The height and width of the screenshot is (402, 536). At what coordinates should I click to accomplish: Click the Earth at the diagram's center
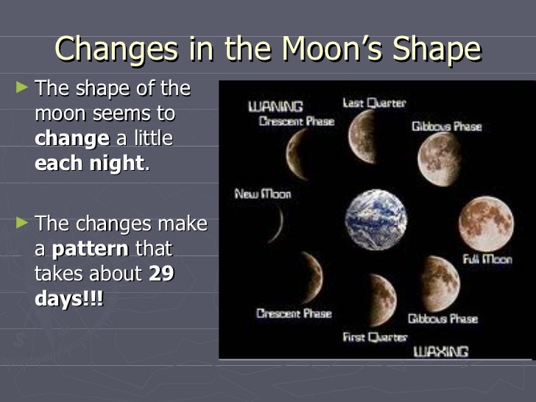376,220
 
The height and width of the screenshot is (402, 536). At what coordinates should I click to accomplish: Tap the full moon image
486,224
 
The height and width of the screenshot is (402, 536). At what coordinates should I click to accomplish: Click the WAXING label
441,351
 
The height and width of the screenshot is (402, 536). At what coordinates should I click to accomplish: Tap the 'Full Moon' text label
487,259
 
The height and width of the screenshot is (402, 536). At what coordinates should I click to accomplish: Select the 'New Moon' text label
262,194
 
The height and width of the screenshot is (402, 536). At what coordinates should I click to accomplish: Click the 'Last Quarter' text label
374,103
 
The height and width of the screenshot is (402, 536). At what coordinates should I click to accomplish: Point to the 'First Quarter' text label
375,337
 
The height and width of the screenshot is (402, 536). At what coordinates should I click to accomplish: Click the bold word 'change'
71,139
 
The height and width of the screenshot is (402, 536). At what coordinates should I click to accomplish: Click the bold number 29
161,274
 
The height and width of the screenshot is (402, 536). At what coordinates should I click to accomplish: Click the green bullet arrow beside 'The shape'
24,88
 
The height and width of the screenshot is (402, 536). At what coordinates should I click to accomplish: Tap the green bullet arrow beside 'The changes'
24,222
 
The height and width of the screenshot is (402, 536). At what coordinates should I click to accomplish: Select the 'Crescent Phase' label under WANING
296,121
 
